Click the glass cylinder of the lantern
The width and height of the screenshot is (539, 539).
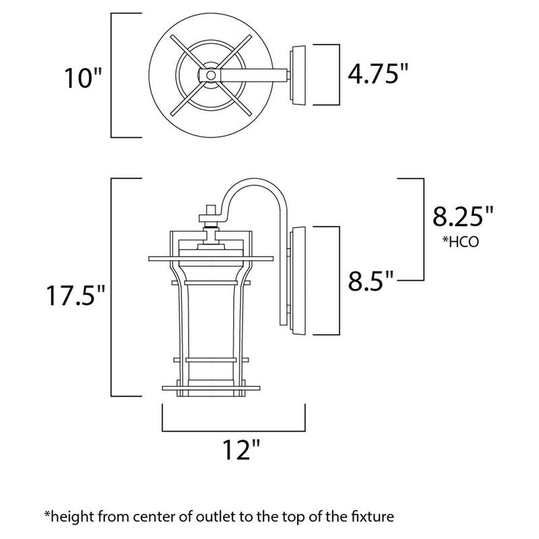[x=212, y=323]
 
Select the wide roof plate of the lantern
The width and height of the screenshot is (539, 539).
[x=211, y=257]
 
